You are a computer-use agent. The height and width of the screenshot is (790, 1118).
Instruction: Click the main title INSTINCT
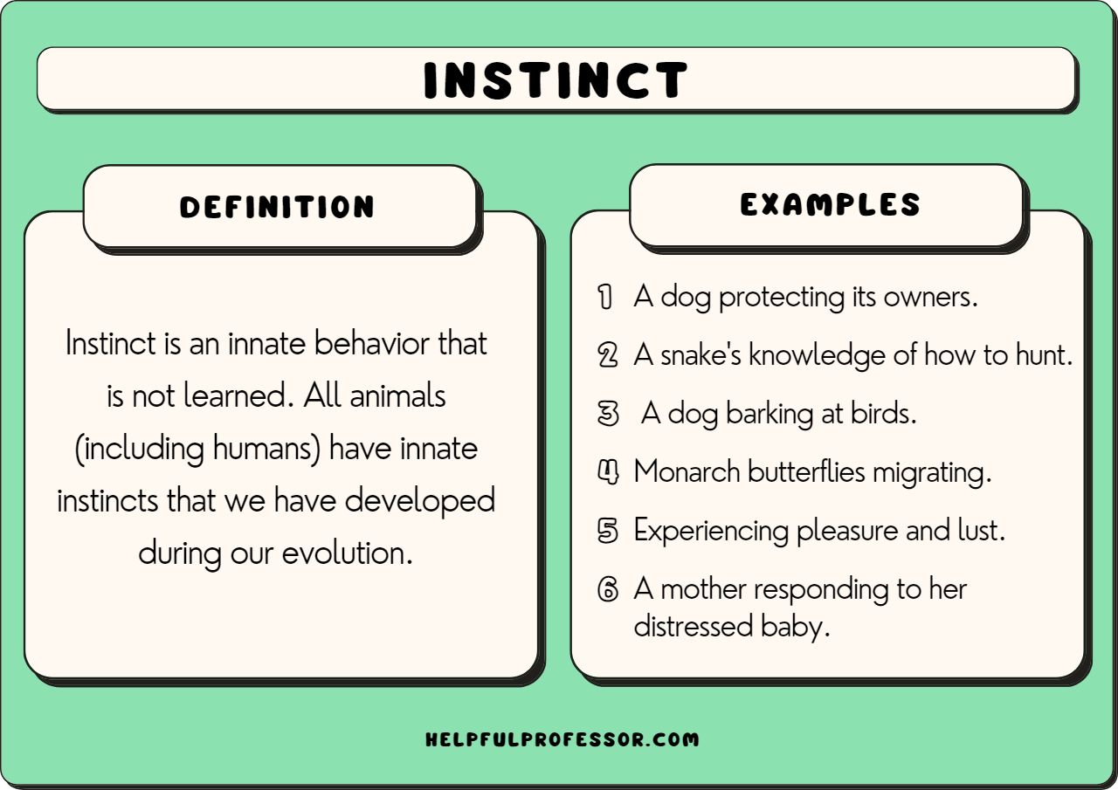point(556,80)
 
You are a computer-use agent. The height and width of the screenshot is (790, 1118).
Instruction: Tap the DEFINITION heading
point(277,207)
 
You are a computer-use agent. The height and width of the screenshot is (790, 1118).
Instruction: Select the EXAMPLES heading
point(830,204)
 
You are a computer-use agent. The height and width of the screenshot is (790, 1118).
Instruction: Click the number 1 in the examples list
point(604,297)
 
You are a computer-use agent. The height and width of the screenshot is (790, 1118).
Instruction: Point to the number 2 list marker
point(607,355)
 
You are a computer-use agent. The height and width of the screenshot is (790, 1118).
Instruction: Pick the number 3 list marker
point(607,414)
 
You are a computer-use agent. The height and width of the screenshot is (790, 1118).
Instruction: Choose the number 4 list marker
point(607,472)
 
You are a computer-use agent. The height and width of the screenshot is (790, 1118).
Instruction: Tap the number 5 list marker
point(607,531)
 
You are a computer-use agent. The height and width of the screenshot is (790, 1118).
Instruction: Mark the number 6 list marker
point(607,589)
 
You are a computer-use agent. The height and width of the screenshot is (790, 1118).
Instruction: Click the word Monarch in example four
point(687,472)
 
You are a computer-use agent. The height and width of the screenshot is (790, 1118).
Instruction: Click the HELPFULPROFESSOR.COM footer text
point(562,739)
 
